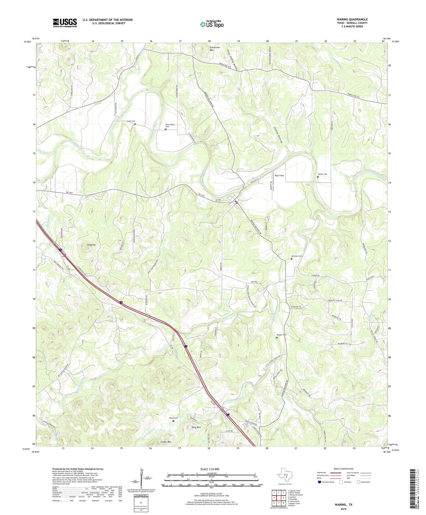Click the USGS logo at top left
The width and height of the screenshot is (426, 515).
(65, 23)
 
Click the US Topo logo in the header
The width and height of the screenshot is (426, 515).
(212, 24)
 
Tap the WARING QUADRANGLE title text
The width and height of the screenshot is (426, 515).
(352, 19)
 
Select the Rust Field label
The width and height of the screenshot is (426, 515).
(279, 176)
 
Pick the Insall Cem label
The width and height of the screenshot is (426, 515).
(131, 121)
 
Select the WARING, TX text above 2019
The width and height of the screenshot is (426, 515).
(343, 505)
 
